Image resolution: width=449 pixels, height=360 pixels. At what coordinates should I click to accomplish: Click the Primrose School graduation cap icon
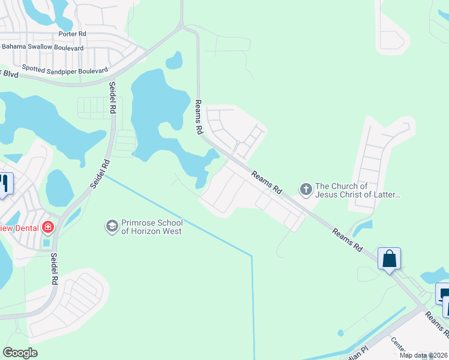coord(111,226)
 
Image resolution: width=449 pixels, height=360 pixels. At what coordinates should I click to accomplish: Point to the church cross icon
coord(306,190)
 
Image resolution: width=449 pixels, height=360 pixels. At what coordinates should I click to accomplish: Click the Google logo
coord(20,353)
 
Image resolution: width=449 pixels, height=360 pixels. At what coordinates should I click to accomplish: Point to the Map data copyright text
coord(423,355)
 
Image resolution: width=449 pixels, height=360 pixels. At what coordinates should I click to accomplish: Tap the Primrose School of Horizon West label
coord(152,227)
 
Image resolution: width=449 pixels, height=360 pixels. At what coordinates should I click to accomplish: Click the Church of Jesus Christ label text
coord(357,190)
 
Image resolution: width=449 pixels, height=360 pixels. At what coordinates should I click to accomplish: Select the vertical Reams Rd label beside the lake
coord(198,117)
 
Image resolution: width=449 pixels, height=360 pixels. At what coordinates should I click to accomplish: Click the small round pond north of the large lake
coord(174,60)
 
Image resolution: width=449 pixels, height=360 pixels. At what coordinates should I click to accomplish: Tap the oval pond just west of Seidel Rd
coord(59,188)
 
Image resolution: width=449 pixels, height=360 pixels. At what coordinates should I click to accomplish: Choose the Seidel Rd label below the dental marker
coord(54,269)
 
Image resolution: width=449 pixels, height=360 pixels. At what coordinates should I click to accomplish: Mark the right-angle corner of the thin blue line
coord(252,256)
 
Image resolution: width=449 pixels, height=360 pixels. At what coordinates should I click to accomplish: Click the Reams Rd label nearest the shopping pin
coord(349,239)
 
